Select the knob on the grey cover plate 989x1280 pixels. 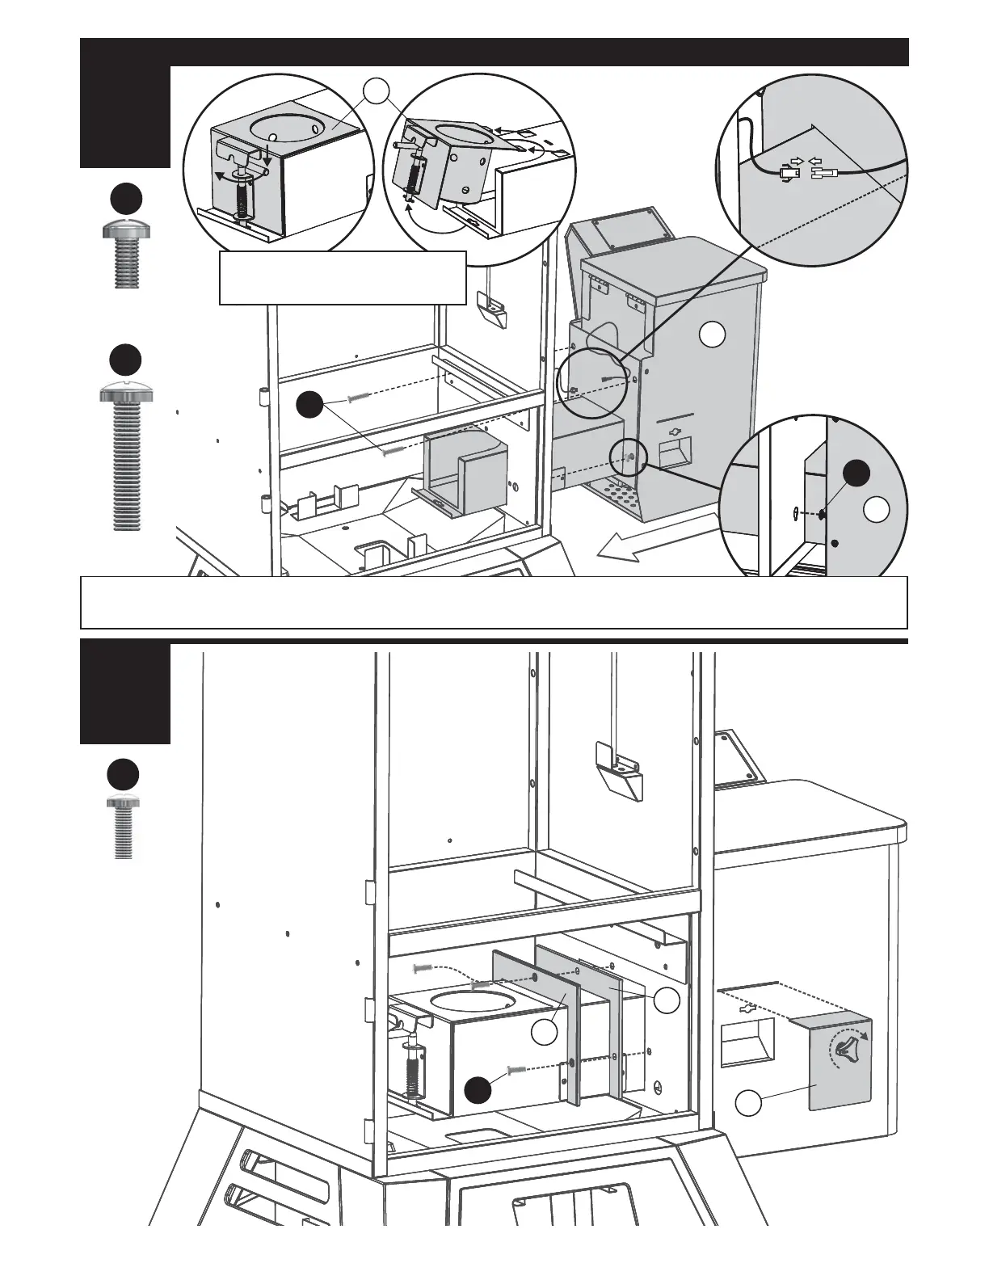pos(844,1048)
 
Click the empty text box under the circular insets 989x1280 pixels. pos(343,277)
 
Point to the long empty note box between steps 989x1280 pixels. pos(494,602)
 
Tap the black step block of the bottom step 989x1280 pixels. pos(124,693)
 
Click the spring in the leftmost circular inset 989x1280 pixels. pos(242,195)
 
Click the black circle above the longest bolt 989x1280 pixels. pos(125,359)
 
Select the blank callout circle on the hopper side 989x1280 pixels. pos(711,334)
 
